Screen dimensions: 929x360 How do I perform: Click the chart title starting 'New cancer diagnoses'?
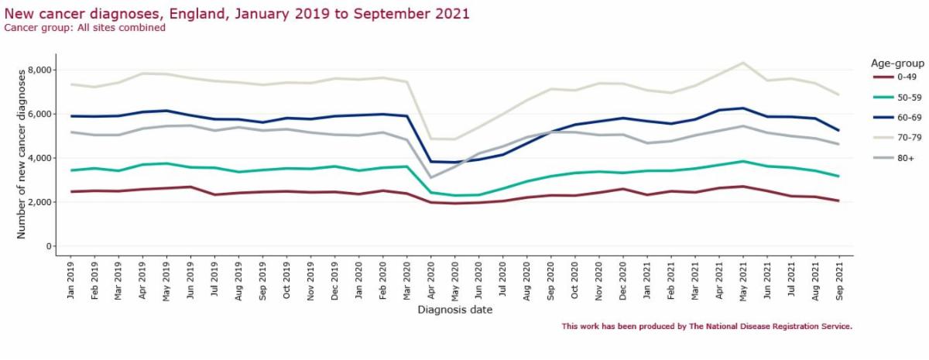pyautogui.click(x=237, y=14)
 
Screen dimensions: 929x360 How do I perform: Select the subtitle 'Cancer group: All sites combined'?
pyautogui.click(x=84, y=28)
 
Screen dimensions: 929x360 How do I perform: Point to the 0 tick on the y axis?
pyautogui.click(x=49, y=246)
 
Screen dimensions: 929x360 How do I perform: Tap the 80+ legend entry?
pyautogui.click(x=893, y=158)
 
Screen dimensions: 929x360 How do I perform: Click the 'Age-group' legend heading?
pyautogui.click(x=897, y=63)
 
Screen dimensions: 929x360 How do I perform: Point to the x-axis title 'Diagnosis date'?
pyautogui.click(x=455, y=310)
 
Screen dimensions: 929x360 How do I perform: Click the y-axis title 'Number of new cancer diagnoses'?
pyautogui.click(x=21, y=154)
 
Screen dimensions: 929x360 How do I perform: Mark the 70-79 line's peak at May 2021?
pyautogui.click(x=743, y=63)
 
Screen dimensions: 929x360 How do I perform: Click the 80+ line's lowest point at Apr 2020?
pyautogui.click(x=431, y=177)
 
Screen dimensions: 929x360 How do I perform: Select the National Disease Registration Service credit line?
pyautogui.click(x=707, y=327)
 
